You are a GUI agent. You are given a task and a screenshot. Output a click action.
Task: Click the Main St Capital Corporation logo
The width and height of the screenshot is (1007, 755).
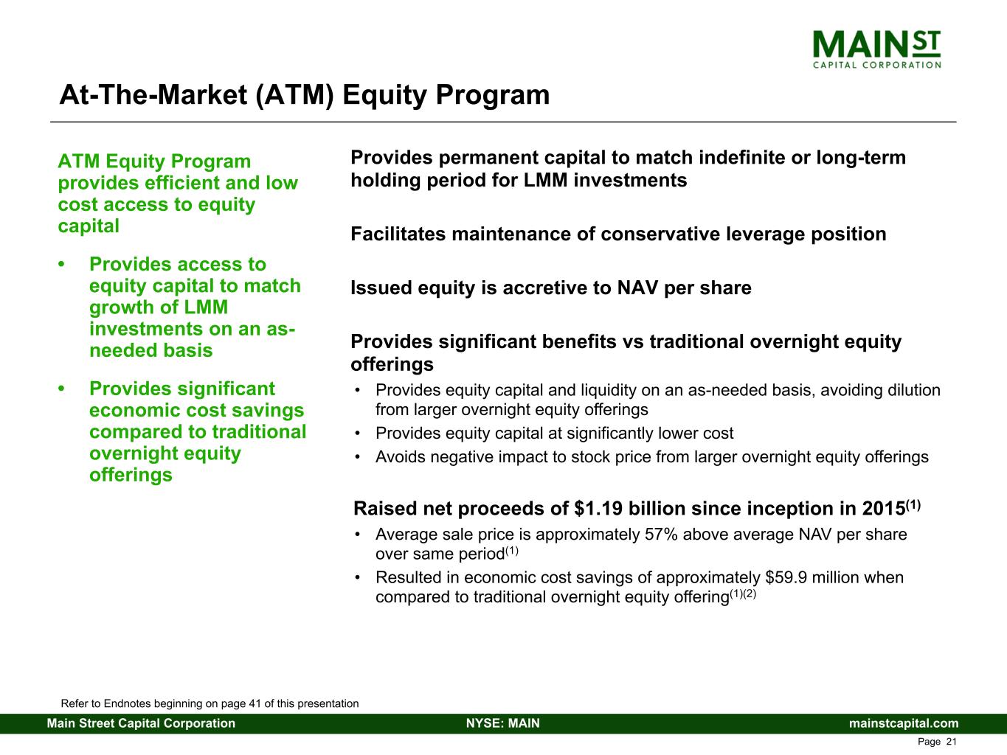coord(876,49)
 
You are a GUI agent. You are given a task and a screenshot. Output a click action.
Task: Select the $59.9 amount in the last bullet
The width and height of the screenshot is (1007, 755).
coord(786,577)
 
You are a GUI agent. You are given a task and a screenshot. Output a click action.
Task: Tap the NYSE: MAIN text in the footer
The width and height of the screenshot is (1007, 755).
coord(503,723)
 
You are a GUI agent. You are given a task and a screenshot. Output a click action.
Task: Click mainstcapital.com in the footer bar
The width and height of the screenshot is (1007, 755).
coord(904,723)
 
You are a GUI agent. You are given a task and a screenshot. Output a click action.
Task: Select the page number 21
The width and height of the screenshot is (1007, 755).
coord(952,742)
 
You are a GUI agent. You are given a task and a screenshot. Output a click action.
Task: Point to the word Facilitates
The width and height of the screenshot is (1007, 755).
coord(398,234)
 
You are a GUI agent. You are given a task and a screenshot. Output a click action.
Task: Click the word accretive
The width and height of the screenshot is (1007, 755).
coord(547,288)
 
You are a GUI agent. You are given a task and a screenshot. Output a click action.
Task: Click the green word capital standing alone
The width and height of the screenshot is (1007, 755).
coord(89,226)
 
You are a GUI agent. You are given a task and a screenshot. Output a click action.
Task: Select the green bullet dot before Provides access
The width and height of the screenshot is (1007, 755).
coord(61,265)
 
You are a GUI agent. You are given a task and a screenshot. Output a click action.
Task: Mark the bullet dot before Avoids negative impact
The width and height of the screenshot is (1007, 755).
coord(357,457)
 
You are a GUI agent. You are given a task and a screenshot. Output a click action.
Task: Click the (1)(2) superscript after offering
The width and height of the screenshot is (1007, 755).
coord(743,594)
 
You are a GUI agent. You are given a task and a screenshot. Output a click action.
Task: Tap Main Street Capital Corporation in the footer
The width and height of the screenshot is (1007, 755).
coord(141,723)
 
